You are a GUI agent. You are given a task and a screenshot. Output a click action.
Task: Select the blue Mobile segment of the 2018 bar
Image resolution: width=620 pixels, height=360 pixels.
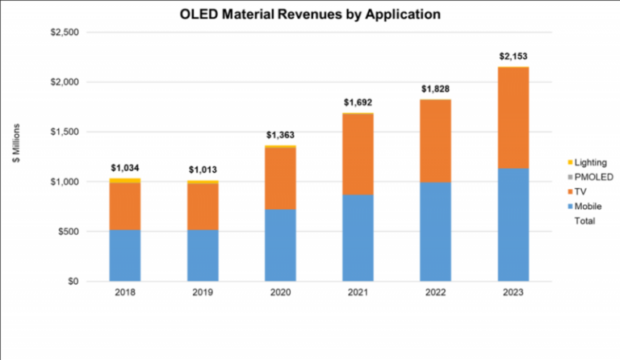point(125,255)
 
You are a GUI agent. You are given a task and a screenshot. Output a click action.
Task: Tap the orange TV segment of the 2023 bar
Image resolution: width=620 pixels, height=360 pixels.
point(513,118)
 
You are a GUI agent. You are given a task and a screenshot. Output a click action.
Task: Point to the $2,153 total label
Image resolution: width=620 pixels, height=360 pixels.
point(513,57)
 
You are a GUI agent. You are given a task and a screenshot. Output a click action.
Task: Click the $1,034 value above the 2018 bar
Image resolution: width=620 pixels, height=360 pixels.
point(125,168)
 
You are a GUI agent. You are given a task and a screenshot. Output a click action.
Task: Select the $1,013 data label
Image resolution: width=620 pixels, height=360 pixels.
point(203,170)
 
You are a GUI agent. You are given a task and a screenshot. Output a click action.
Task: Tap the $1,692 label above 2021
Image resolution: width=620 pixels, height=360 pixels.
point(358,103)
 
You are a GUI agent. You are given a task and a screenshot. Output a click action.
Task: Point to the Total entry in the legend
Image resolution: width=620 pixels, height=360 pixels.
point(584,220)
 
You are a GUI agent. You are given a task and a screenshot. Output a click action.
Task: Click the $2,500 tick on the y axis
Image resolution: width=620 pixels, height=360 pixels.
point(61,32)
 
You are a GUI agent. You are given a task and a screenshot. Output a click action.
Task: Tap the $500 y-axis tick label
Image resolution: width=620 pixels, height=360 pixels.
point(65,232)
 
